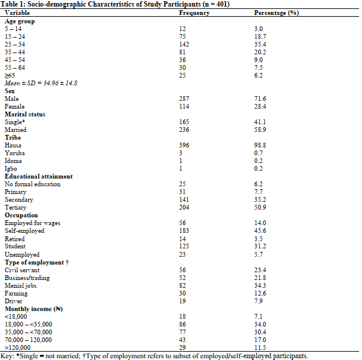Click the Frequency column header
(x=193, y=13)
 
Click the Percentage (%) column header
(x=276, y=13)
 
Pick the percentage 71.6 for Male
(x=260, y=98)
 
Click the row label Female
(x=14, y=106)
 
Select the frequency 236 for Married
(x=184, y=130)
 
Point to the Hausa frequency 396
(x=184, y=145)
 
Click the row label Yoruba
(x=14, y=153)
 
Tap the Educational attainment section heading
(x=39, y=176)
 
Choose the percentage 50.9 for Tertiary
(x=260, y=207)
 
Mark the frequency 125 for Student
(x=184, y=246)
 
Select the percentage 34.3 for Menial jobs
(x=260, y=285)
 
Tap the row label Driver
(x=13, y=300)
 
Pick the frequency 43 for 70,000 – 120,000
(x=182, y=339)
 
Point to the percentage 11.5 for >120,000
(x=260, y=347)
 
